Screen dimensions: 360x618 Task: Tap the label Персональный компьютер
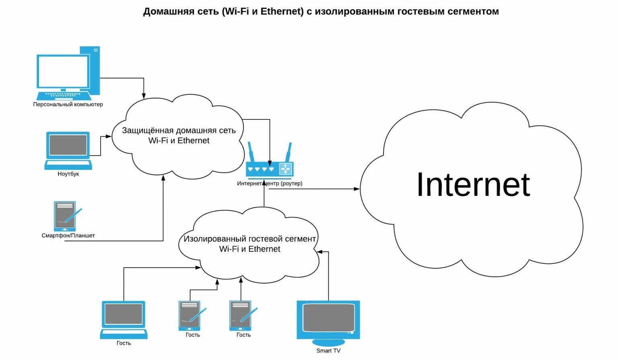click(x=68, y=105)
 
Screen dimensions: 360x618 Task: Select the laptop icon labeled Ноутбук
click(x=68, y=150)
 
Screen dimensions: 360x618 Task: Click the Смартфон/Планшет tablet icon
click(x=66, y=216)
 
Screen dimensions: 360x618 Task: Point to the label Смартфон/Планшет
click(x=68, y=236)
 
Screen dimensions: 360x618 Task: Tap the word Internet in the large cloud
click(x=473, y=185)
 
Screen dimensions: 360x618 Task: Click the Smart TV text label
click(x=328, y=351)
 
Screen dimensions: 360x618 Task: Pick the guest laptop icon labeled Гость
click(x=124, y=319)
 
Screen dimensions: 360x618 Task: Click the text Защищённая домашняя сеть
click(x=179, y=131)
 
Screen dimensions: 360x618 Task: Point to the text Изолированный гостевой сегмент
click(x=249, y=239)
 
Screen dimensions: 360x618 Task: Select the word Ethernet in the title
click(x=282, y=12)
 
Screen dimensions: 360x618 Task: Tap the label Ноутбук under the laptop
click(x=68, y=174)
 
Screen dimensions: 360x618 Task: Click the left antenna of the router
click(x=251, y=152)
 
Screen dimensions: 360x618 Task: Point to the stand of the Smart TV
click(x=328, y=342)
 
